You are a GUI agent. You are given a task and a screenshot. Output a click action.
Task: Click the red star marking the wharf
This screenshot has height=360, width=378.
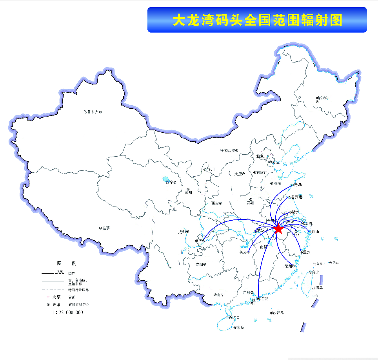(278, 229)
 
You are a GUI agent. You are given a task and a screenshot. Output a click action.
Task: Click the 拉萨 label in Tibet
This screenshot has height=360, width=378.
(106, 228)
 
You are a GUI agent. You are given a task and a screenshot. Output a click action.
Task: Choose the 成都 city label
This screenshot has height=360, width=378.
(182, 232)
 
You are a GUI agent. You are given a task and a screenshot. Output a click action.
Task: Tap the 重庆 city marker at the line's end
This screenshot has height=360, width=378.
(204, 240)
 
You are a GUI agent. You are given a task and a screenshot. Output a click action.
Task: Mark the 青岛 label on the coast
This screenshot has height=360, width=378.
(298, 185)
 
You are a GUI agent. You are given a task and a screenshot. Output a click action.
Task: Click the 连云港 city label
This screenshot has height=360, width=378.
(296, 197)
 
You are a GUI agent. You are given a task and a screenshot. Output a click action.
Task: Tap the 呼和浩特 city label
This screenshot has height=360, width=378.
(228, 151)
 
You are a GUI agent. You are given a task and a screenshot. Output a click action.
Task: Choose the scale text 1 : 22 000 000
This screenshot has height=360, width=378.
(67, 312)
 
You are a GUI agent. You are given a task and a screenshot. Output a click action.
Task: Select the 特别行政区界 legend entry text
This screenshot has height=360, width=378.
(79, 290)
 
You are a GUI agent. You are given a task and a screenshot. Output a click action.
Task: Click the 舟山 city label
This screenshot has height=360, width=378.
(314, 232)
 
